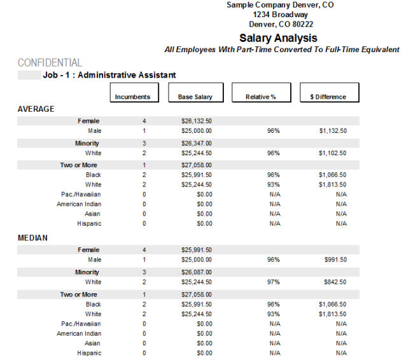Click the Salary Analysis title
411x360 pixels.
pos(278,38)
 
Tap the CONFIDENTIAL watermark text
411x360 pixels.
pos(50,63)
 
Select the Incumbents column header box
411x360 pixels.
pos(132,93)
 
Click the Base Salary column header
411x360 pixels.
pos(196,93)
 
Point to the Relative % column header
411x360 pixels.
pos(260,93)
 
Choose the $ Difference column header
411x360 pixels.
pos(330,93)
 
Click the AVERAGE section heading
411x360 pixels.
pos(36,109)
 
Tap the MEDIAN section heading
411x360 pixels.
pos(33,238)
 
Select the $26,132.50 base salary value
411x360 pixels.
pos(197,121)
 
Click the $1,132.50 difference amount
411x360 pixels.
pos(333,130)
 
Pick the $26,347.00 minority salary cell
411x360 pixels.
pos(197,143)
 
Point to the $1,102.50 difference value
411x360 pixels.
pos(333,153)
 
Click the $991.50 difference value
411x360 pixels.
pos(335,260)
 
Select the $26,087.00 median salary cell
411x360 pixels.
pos(197,272)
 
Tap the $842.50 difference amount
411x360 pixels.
pos(335,282)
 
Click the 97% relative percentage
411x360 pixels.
pos(274,282)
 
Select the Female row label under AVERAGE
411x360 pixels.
pos(89,121)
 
